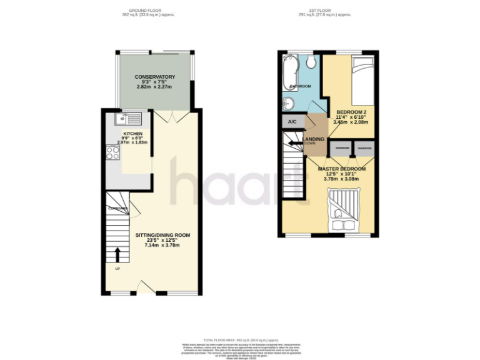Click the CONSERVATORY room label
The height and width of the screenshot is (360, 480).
154,77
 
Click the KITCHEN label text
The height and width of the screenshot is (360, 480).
132,134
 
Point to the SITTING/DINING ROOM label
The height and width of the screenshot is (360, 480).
162,236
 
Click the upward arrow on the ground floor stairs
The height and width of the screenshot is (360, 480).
117,254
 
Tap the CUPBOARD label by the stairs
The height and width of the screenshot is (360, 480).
117,208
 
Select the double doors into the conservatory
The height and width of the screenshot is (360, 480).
165,117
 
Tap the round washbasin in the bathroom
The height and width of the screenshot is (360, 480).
288,104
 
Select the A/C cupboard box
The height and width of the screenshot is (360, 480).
291,122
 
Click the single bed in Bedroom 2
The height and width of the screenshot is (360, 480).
361,81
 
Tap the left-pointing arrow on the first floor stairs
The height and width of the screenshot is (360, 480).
292,144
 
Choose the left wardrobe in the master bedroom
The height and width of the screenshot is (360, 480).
342,149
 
